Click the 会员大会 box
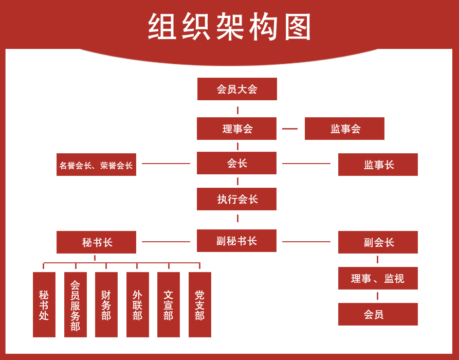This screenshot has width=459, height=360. coord(237,89)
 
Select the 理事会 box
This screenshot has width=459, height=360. coord(236,129)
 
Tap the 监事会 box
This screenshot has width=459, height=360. coord(344,129)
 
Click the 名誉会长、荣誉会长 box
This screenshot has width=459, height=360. coord(96,165)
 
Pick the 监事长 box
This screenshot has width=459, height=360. coord(378,165)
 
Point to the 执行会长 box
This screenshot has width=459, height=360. coord(236,199)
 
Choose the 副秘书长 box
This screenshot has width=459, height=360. coord(236,241)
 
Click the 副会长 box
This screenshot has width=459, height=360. coord(378,242)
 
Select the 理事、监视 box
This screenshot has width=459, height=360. coord(378,278)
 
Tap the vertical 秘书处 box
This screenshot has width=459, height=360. coord(44,304)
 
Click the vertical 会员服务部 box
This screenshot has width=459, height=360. coord(76,304)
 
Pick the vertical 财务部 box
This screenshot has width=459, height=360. coord(106,304)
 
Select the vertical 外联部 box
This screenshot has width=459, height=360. coord(138,304)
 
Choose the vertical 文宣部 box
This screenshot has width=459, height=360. coord(169,304)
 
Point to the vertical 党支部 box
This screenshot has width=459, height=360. coord(200,304)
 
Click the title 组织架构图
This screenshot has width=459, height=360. coord(230,27)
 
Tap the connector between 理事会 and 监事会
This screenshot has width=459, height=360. coord(290,129)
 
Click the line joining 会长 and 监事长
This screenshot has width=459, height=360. coord(306,164)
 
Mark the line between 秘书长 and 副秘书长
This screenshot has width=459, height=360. coord(166,241)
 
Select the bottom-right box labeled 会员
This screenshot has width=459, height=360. coord(378,314)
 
